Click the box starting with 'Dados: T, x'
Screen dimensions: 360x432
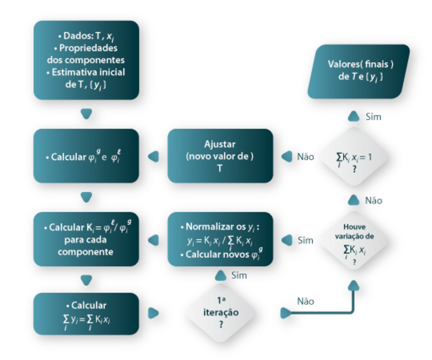pos(86,60)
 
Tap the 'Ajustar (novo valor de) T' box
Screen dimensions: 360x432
pos(220,156)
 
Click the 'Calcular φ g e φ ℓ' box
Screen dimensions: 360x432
pos(86,156)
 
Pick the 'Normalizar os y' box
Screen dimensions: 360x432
pos(220,239)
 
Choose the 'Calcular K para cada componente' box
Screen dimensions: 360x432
pos(86,239)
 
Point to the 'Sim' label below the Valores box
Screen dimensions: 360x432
pos(373,117)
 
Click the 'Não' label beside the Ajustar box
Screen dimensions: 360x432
pos(305,157)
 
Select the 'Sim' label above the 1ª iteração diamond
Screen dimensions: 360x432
pos(239,275)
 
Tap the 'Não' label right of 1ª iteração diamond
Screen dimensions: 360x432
pos(305,301)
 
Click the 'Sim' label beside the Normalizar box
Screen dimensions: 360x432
pos(305,240)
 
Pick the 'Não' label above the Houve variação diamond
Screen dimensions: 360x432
pos(373,200)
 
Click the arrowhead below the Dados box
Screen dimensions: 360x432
pos(86,114)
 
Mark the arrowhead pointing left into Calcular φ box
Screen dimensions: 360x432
pos(153,156)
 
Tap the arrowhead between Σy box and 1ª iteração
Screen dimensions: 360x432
pos(153,313)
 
